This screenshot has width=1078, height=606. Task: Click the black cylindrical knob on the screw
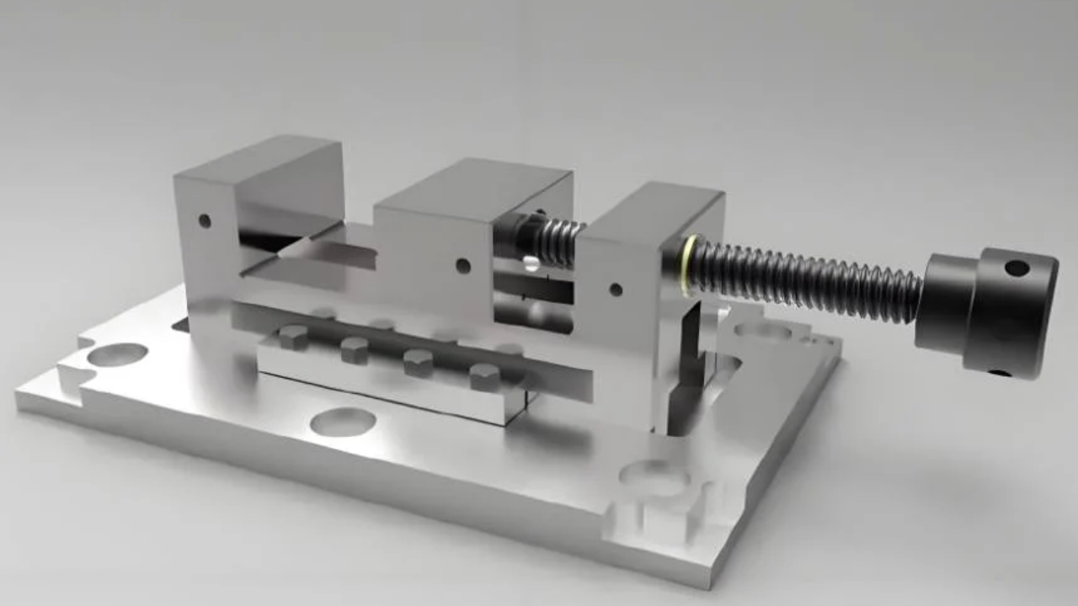pyautogui.click(x=985, y=311)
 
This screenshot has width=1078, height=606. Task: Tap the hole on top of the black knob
pyautogui.click(x=1017, y=268)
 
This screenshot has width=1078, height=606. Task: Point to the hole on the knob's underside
pyautogui.click(x=1000, y=372)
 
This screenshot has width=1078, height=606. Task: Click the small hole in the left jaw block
pyautogui.click(x=205, y=221)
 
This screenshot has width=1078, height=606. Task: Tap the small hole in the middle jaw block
pyautogui.click(x=462, y=266)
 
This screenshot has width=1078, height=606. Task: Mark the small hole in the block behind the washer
pyautogui.click(x=616, y=290)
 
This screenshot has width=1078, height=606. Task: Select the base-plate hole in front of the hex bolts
pyautogui.click(x=343, y=422)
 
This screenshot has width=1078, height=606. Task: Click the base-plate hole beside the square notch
pyautogui.click(x=654, y=477)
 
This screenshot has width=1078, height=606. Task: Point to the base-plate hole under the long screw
pyautogui.click(x=762, y=329)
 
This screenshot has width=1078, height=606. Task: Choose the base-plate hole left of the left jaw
pyautogui.click(x=117, y=354)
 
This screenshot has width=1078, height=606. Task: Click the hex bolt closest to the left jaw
pyautogui.click(x=292, y=337)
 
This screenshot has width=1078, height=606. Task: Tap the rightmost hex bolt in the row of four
pyautogui.click(x=484, y=377)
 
